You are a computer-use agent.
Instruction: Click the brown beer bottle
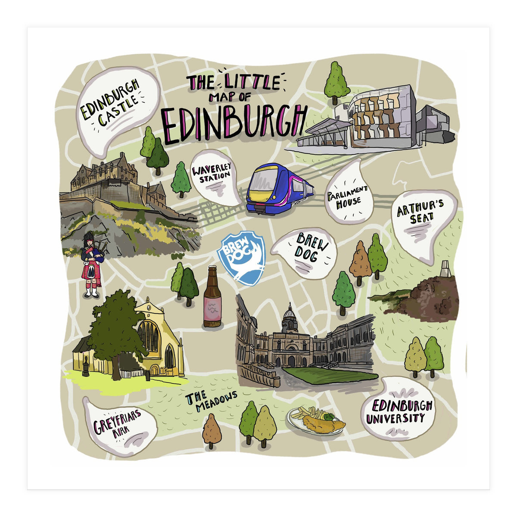tap(212, 297)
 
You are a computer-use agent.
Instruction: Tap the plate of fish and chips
tap(317, 420)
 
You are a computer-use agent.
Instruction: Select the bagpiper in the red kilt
tap(91, 265)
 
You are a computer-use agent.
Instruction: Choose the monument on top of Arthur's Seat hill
tap(445, 270)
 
